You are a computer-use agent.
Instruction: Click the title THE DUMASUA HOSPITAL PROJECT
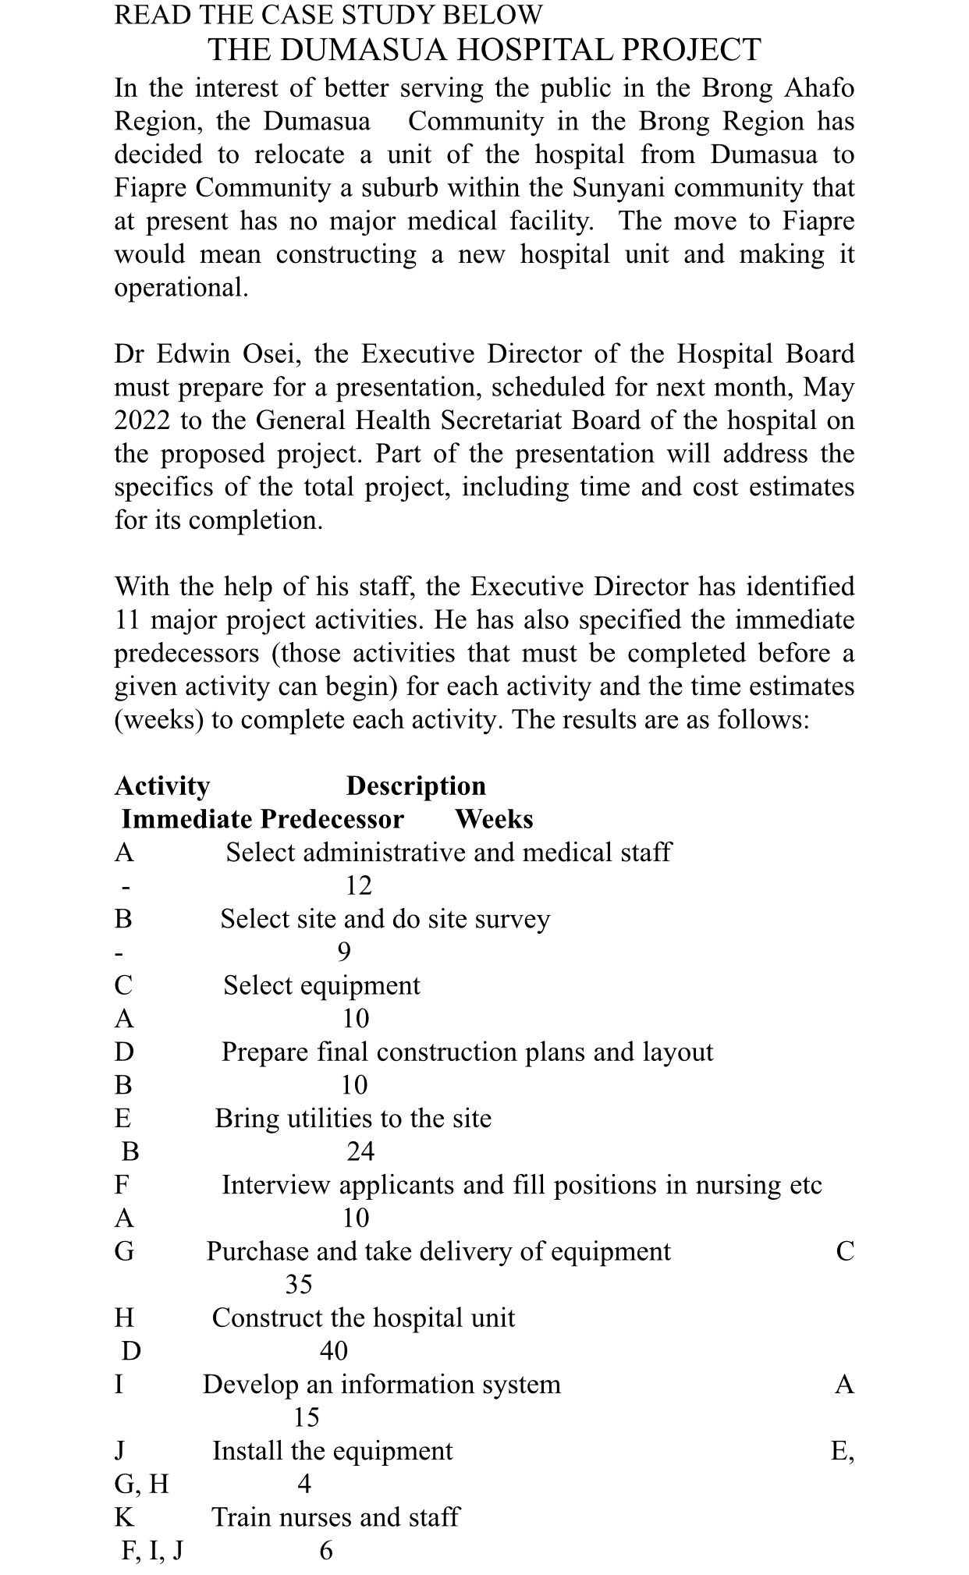484,50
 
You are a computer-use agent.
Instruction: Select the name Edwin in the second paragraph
188,354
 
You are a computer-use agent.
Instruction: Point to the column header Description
416,786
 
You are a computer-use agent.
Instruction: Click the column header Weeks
494,819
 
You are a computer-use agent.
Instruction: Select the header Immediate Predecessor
263,819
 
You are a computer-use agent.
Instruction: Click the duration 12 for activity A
358,885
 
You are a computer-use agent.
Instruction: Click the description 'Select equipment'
321,985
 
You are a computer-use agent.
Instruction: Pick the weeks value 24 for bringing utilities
360,1151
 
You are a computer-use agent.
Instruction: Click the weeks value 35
299,1283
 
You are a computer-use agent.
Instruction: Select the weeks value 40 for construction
333,1350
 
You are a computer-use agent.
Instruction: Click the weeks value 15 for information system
306,1417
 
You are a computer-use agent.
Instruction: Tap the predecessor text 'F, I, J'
152,1550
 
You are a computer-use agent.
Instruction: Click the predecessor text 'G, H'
141,1483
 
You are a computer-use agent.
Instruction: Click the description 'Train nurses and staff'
335,1517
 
